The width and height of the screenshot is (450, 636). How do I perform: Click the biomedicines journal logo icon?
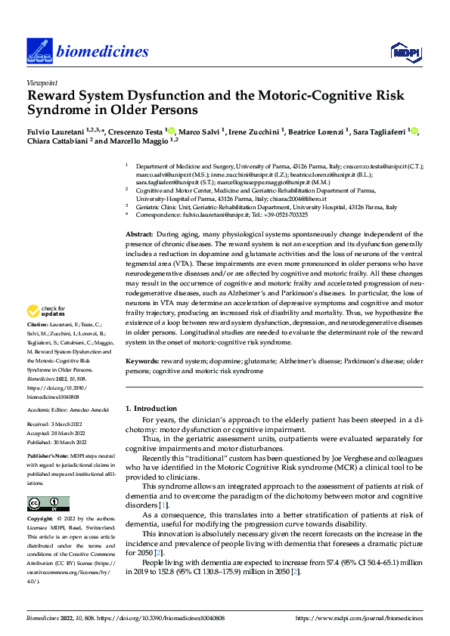click(36, 51)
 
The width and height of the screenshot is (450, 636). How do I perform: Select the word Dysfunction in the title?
click(177, 96)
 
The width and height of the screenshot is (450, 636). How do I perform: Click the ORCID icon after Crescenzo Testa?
click(172, 131)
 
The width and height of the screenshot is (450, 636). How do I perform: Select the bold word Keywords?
click(142, 362)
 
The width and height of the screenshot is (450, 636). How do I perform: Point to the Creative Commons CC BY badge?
click(48, 504)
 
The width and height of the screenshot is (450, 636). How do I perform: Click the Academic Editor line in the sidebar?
click(68, 409)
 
